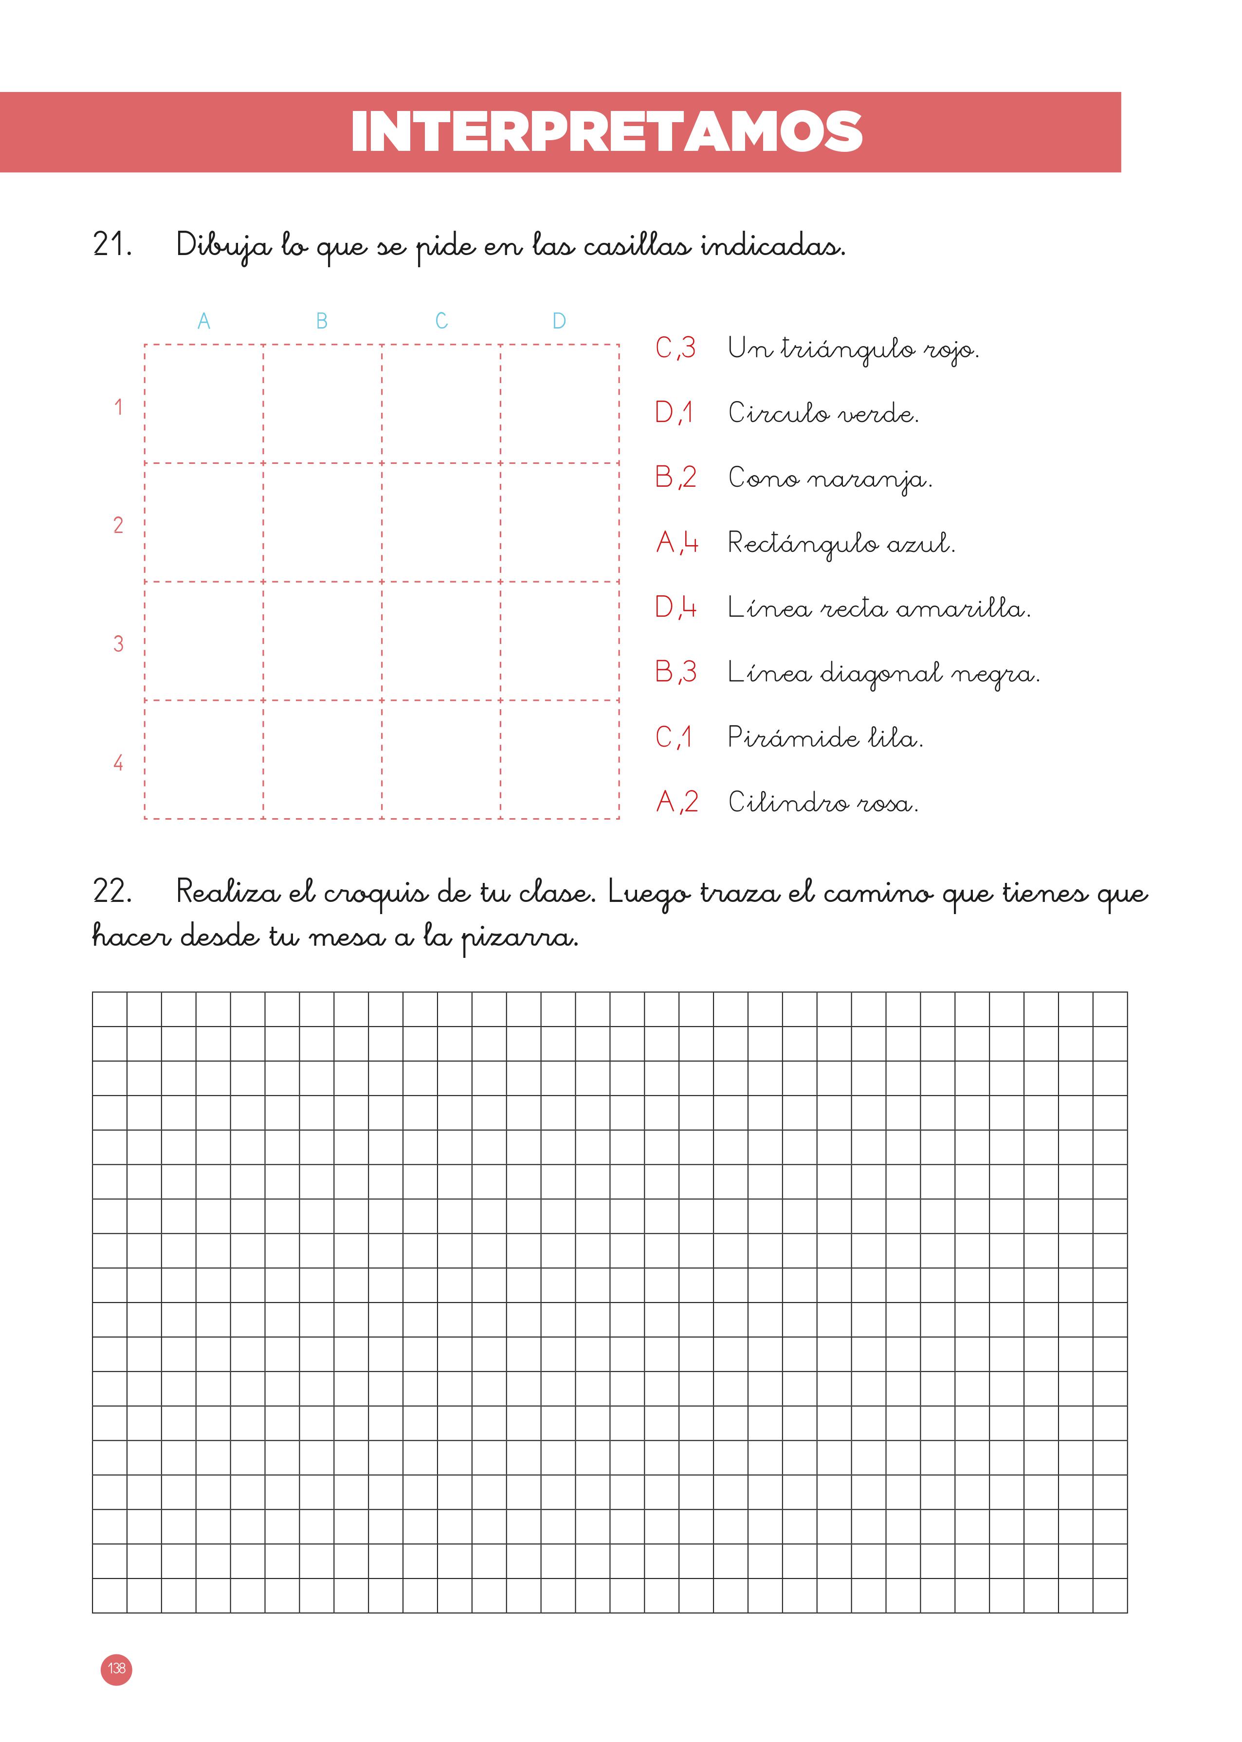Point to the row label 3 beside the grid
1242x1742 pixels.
119,644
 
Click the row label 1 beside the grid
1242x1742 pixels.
119,407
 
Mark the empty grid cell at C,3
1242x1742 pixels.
441,641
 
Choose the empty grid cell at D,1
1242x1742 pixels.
560,404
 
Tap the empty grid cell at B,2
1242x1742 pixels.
323,522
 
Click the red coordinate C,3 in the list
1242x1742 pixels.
676,348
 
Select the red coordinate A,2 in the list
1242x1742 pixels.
677,802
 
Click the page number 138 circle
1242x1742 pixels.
116,1669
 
